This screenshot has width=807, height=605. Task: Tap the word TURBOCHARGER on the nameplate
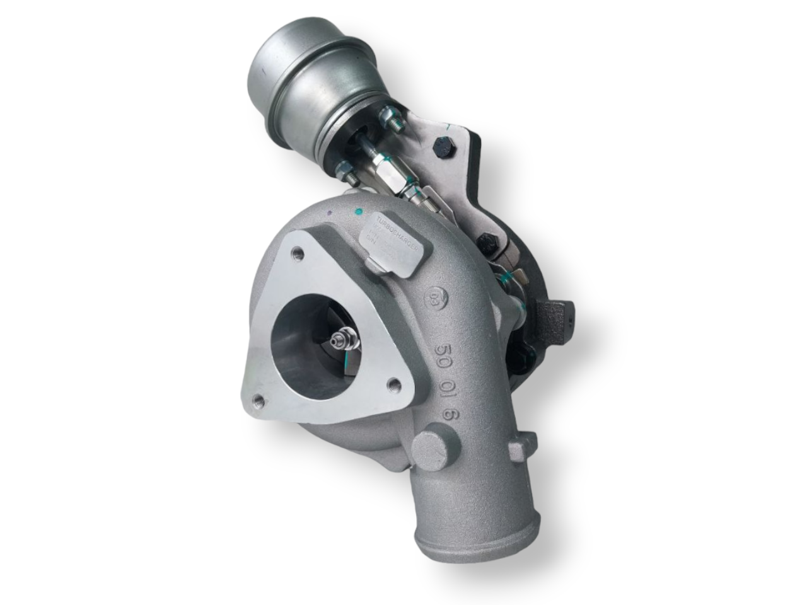click(397, 236)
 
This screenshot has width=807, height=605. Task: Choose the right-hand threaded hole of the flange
click(395, 383)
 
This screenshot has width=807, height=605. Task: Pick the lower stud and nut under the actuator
click(345, 168)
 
